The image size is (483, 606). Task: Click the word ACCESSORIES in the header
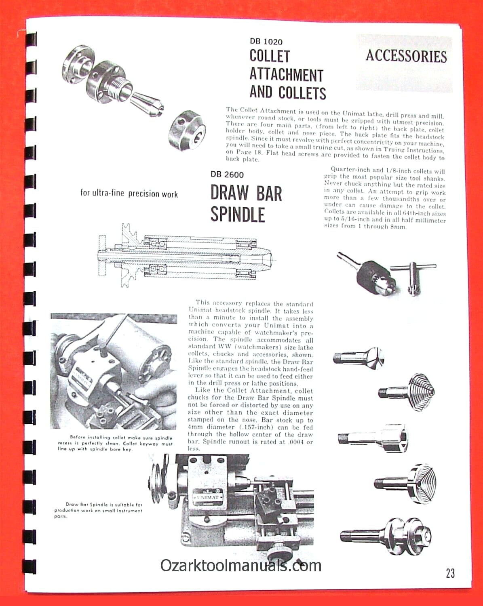[406, 56]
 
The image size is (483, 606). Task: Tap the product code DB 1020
[266, 41]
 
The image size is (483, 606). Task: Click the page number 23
[450, 573]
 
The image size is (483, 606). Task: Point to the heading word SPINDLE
[238, 214]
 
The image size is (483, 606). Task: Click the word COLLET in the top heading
[270, 56]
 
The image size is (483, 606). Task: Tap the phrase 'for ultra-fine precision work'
[129, 194]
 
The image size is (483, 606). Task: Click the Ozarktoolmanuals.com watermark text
[241, 565]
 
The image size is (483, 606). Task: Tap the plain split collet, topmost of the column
[359, 357]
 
